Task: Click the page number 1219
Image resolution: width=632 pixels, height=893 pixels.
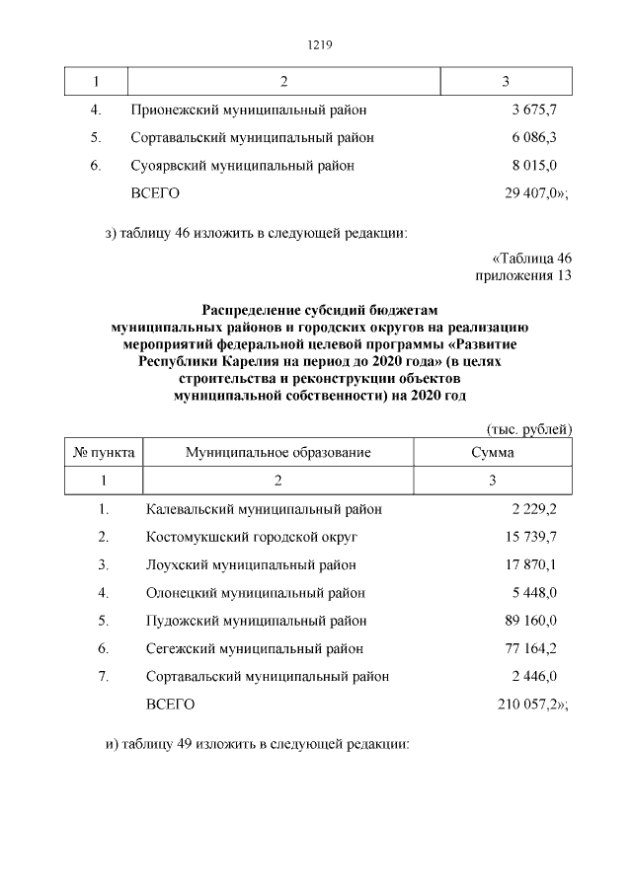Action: coord(316,44)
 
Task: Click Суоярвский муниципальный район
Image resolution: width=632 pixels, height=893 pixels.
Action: coord(242,165)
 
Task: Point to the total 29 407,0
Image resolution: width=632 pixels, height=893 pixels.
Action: coord(533,193)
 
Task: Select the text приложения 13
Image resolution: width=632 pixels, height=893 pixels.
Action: coord(523,275)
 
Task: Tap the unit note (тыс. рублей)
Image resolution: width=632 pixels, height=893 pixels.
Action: coord(529,430)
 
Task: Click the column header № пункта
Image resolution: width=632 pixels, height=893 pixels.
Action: coord(104,453)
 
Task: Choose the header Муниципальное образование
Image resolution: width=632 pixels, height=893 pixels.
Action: coord(277,453)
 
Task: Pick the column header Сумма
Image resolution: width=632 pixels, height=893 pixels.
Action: coord(492,453)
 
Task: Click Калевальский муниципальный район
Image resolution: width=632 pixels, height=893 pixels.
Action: coord(264,509)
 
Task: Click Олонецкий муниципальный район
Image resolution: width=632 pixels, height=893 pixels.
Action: coord(255,593)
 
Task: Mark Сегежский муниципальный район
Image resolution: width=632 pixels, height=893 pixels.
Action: coord(254,648)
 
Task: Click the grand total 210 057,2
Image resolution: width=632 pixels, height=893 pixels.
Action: coord(530,705)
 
